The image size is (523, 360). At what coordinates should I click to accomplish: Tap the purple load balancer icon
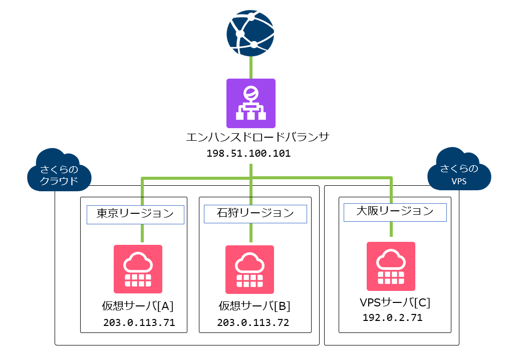pos(250,103)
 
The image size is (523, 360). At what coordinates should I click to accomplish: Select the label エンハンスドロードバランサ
pos(257,137)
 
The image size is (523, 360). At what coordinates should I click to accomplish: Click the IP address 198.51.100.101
pos(248,154)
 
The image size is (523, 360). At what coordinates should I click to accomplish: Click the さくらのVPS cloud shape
pos(459,170)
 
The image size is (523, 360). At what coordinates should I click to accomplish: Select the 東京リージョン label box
pos(135,214)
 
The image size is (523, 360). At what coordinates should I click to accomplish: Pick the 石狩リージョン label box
pos(255,214)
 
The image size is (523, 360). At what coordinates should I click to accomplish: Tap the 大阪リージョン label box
pos(395,212)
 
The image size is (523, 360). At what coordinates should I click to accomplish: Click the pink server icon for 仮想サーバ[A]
pos(138,269)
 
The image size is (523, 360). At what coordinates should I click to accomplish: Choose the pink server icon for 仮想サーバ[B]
pos(249,269)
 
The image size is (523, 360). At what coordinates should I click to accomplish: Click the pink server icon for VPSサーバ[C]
pos(391,266)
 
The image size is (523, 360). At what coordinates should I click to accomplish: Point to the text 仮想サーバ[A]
pos(137,305)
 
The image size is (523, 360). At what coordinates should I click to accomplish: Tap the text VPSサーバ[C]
pos(395,302)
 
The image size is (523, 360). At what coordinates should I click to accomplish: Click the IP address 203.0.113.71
pos(139,322)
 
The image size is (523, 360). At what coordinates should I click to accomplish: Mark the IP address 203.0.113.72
pos(253,322)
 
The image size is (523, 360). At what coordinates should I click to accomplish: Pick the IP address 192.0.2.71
pos(393,317)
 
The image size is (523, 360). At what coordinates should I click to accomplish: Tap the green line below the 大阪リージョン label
pos(391,229)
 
